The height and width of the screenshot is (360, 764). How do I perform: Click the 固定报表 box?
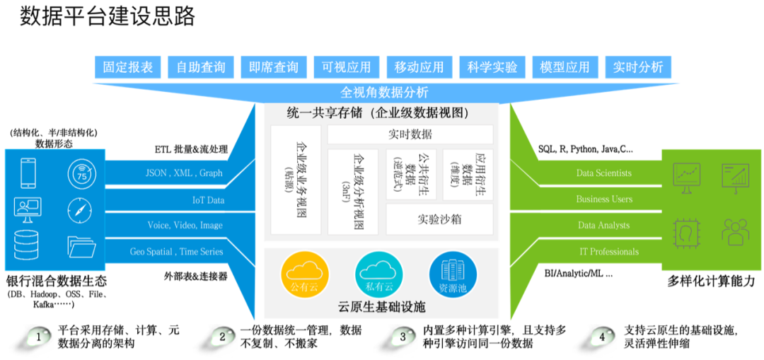[x=128, y=67]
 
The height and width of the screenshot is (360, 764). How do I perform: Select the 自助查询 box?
[x=201, y=67]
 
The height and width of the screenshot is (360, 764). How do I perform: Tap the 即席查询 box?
[x=274, y=67]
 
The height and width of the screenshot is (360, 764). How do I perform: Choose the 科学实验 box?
[x=492, y=67]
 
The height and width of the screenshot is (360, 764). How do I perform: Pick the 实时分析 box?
[x=638, y=67]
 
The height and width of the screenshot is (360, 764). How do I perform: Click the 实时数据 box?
[x=410, y=134]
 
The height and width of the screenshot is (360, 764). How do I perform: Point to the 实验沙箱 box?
[x=439, y=219]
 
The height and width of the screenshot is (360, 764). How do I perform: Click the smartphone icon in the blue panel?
[x=28, y=173]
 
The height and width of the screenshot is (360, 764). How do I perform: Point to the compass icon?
[x=80, y=209]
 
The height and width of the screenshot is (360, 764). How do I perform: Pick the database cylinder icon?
[x=27, y=245]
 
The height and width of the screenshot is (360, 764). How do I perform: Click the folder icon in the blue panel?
[x=81, y=245]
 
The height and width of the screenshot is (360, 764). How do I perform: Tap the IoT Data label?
[x=208, y=200]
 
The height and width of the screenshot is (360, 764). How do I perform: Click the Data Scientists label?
[x=604, y=173]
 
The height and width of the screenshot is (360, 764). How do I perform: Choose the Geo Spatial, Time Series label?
[x=176, y=252]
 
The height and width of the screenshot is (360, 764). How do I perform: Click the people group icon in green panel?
[x=735, y=231]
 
